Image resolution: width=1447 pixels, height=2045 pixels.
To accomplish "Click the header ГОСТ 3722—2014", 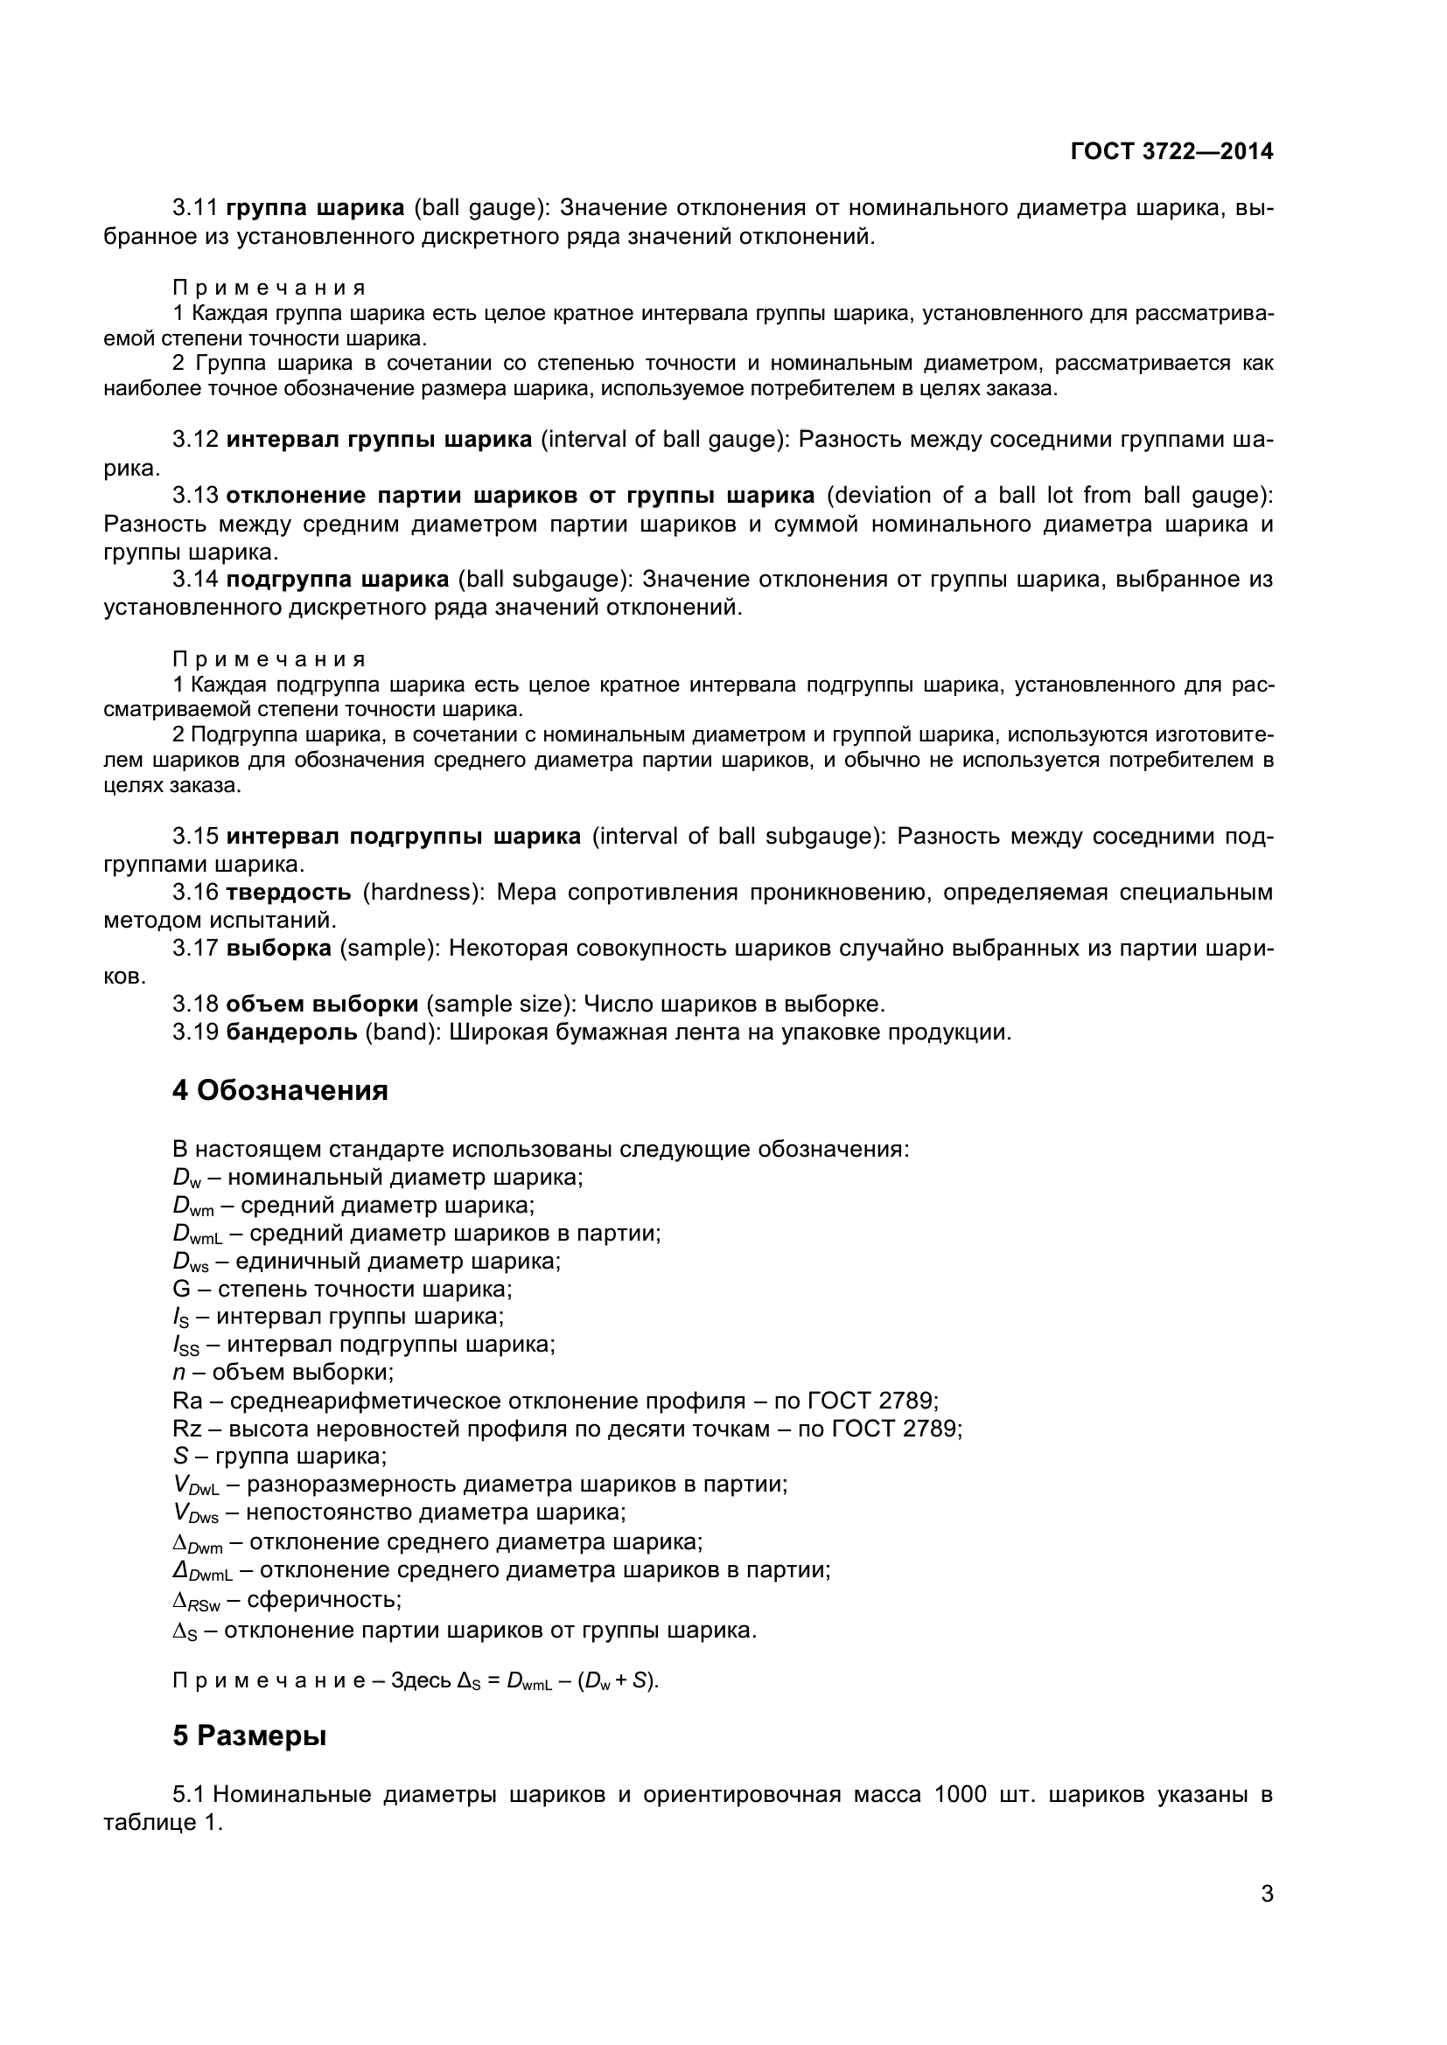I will [1171, 151].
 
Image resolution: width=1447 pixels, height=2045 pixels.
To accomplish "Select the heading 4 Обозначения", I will [280, 1091].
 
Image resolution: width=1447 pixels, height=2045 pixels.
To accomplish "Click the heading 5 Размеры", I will [249, 1736].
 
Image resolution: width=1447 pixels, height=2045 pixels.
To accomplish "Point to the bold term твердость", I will [289, 893].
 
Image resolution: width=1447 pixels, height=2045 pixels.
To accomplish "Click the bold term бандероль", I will [292, 1033].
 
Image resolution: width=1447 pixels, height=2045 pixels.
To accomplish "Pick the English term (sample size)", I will [501, 1005].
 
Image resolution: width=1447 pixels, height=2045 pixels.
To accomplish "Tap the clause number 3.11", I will [195, 208].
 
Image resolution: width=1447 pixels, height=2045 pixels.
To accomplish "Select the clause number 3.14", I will [195, 580].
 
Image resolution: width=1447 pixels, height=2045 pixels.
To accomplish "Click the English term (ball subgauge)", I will [544, 580].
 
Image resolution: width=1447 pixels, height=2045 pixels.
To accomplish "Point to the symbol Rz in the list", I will [187, 1429].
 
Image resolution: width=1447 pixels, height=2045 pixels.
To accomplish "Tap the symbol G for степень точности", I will [181, 1289].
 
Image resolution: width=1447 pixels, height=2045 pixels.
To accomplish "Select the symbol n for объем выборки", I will [178, 1373].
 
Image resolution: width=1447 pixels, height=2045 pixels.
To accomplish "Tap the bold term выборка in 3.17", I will [279, 949].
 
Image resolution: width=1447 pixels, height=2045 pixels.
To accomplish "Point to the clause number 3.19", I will [195, 1033].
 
